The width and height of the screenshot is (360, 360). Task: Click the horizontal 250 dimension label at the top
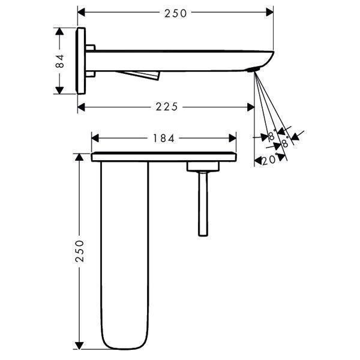(175, 13)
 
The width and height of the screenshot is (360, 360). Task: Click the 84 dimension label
(60, 61)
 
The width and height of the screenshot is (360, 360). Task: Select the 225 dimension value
(167, 107)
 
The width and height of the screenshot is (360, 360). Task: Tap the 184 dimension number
(164, 139)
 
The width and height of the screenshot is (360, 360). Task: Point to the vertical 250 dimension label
(80, 251)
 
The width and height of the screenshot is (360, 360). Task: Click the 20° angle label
(269, 160)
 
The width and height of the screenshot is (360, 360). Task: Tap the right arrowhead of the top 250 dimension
(269, 12)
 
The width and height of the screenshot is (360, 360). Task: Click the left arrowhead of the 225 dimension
(81, 107)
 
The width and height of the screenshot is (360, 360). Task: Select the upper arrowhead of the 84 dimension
(59, 31)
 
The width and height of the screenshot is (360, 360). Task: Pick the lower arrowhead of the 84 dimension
(59, 91)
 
